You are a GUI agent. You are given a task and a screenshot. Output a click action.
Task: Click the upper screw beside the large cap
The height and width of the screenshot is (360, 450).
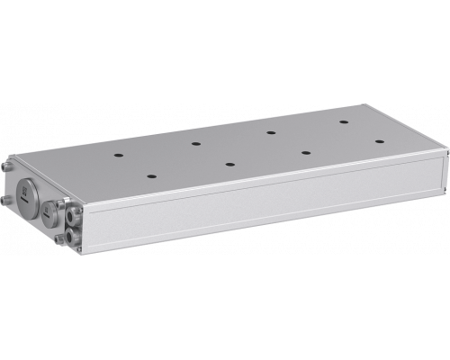(7, 168)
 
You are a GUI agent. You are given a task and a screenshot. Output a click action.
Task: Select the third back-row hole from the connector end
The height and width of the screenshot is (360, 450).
(270, 131)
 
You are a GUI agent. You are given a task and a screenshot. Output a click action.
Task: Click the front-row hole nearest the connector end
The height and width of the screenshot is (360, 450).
(149, 176)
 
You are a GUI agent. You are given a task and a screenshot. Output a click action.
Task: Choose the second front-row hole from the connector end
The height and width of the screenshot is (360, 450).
(229, 165)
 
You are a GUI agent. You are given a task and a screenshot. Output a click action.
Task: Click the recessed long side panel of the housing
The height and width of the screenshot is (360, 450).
(270, 207)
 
